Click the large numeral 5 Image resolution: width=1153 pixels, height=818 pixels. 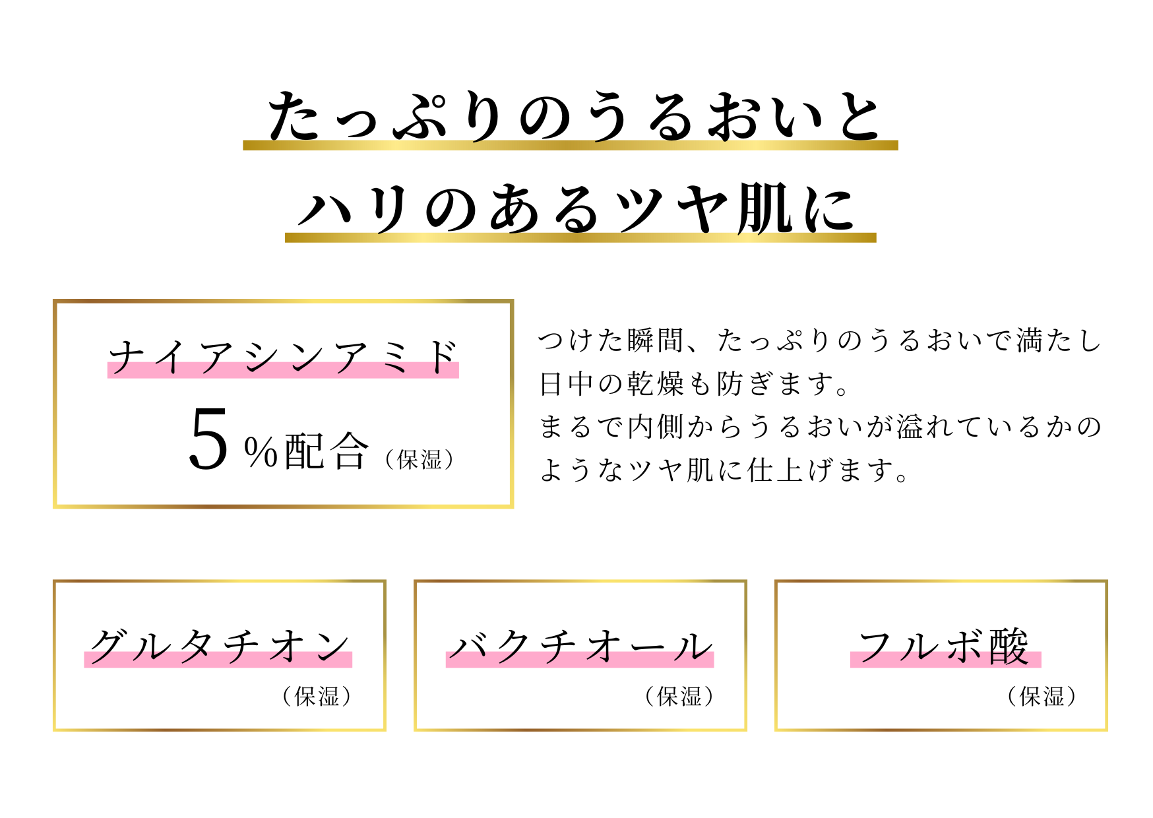tap(208, 439)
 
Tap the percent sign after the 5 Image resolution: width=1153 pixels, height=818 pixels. tap(261, 452)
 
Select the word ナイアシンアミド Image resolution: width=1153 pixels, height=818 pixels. tap(283, 357)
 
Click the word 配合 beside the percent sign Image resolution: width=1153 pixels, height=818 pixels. tap(326, 451)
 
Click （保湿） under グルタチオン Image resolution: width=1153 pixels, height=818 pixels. tap(317, 696)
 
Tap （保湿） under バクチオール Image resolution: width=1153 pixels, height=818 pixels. tap(679, 696)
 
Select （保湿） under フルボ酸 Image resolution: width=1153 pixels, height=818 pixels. tap(1042, 696)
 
